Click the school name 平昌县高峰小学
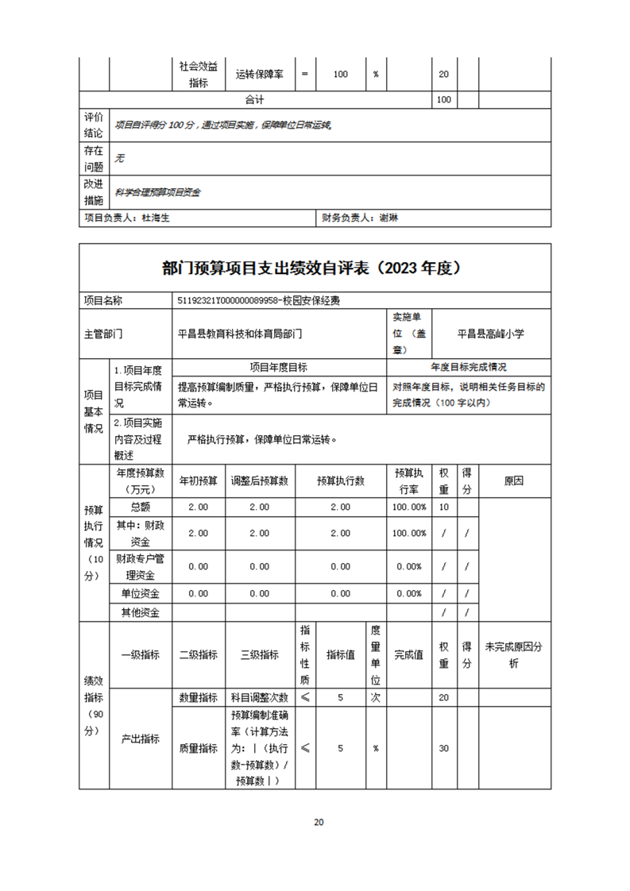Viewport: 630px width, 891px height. click(491, 334)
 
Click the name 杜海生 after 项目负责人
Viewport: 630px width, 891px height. click(156, 218)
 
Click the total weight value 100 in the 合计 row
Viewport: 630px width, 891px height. click(444, 100)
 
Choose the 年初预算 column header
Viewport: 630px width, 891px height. click(198, 480)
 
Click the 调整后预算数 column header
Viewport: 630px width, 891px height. click(260, 480)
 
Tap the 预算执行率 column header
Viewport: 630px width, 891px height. click(409, 480)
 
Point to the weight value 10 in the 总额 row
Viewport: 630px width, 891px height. click(444, 507)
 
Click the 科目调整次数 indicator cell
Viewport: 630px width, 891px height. click(260, 697)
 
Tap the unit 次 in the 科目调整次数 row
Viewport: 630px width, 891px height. click(376, 697)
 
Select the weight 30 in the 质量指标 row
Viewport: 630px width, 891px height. click(444, 748)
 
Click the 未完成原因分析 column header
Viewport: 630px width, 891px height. click(513, 655)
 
